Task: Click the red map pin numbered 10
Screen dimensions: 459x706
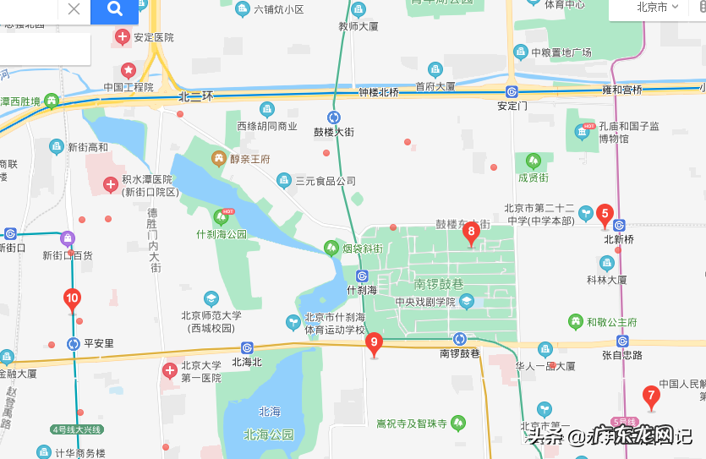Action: pos(73,298)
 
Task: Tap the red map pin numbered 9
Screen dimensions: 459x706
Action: pos(375,343)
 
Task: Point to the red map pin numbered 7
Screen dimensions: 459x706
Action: pos(650,395)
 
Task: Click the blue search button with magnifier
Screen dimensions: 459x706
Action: pos(115,9)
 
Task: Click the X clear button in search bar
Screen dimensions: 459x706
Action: pos(74,9)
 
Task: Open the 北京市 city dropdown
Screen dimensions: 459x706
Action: pos(658,8)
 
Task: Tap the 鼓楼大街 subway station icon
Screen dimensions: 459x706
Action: pos(335,117)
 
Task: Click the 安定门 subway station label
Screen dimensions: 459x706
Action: pos(512,106)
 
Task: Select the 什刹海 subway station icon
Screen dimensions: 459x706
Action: pos(362,276)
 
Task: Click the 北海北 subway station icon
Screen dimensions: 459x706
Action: pos(247,347)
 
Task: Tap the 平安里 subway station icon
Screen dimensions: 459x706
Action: pos(74,344)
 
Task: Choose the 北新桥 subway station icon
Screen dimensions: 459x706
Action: pos(619,226)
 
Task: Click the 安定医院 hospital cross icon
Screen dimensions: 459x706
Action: pos(123,36)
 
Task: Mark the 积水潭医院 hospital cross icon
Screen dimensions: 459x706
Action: pos(110,184)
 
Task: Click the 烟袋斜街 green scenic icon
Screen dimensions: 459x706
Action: pos(331,248)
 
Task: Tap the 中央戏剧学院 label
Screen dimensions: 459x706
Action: pos(424,302)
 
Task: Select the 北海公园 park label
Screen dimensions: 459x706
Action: pos(268,434)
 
